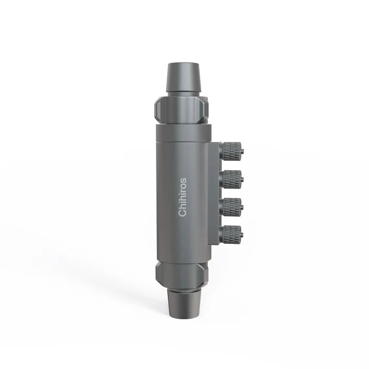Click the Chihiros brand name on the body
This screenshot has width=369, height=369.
(182, 198)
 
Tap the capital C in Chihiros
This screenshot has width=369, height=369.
(182, 213)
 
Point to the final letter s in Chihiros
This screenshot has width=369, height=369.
(182, 181)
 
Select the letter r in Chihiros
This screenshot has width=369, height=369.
(182, 191)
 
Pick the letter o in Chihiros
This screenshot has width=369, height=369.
(182, 186)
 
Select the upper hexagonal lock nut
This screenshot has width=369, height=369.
(181, 109)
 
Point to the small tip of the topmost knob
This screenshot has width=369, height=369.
(242, 152)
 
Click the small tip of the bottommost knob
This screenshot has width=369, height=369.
(242, 234)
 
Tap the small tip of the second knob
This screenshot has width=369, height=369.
(242, 179)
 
